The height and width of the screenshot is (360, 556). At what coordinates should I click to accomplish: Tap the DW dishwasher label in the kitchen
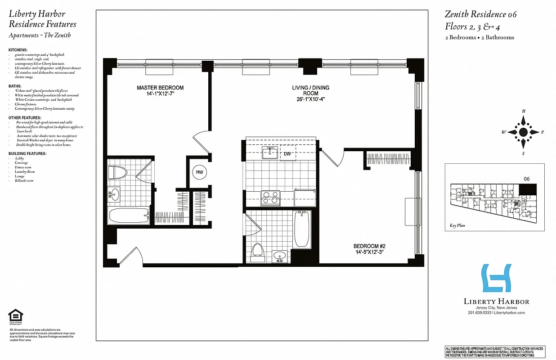pyautogui.click(x=287, y=154)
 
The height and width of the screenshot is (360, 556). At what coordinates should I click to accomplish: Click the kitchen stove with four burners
pyautogui.click(x=271, y=198)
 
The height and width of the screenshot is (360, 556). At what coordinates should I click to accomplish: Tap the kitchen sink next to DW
pyautogui.click(x=271, y=153)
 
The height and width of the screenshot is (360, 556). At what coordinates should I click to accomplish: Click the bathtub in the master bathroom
pyautogui.click(x=129, y=216)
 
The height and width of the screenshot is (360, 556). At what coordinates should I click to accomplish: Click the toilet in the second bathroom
pyautogui.click(x=258, y=252)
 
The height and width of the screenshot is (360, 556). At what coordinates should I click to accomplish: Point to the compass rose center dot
pyautogui.click(x=523, y=132)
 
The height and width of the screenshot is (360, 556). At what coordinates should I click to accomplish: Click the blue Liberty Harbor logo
pyautogui.click(x=497, y=278)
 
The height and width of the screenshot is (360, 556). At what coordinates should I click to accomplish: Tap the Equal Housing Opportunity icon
pyautogui.click(x=16, y=316)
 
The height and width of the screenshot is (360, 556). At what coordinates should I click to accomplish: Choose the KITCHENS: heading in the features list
pyautogui.click(x=18, y=49)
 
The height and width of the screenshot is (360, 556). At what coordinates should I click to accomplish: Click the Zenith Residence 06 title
pyautogui.click(x=481, y=14)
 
